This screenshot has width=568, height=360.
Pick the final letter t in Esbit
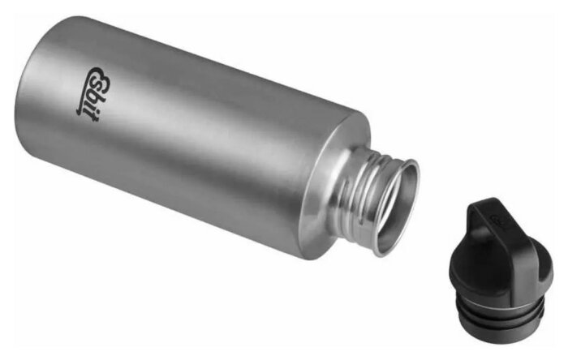[88, 117]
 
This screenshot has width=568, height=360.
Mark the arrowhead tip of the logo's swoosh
[78, 113]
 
